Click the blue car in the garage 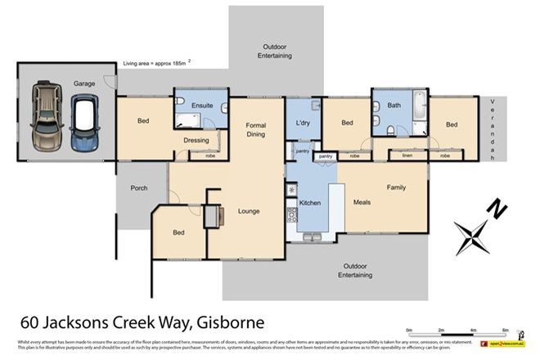[83, 123]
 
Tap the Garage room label [84, 83]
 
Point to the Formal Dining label [256, 129]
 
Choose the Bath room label [394, 105]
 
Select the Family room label [396, 187]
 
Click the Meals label [362, 202]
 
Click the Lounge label [248, 211]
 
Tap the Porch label [140, 188]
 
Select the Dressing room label [196, 140]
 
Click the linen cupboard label [407, 155]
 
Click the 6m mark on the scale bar [506, 329]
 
